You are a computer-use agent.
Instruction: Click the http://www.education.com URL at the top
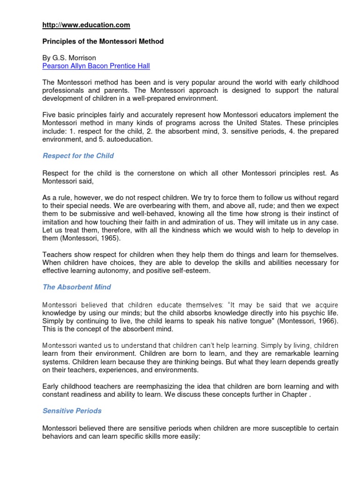[x=86, y=25]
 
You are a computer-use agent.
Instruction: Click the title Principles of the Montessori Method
[x=103, y=42]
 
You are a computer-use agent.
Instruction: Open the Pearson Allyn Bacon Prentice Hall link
[x=96, y=66]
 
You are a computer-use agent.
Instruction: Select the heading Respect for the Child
[x=78, y=156]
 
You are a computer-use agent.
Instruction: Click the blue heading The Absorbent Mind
[x=77, y=287]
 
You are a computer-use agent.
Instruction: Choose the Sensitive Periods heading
[x=72, y=411]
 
